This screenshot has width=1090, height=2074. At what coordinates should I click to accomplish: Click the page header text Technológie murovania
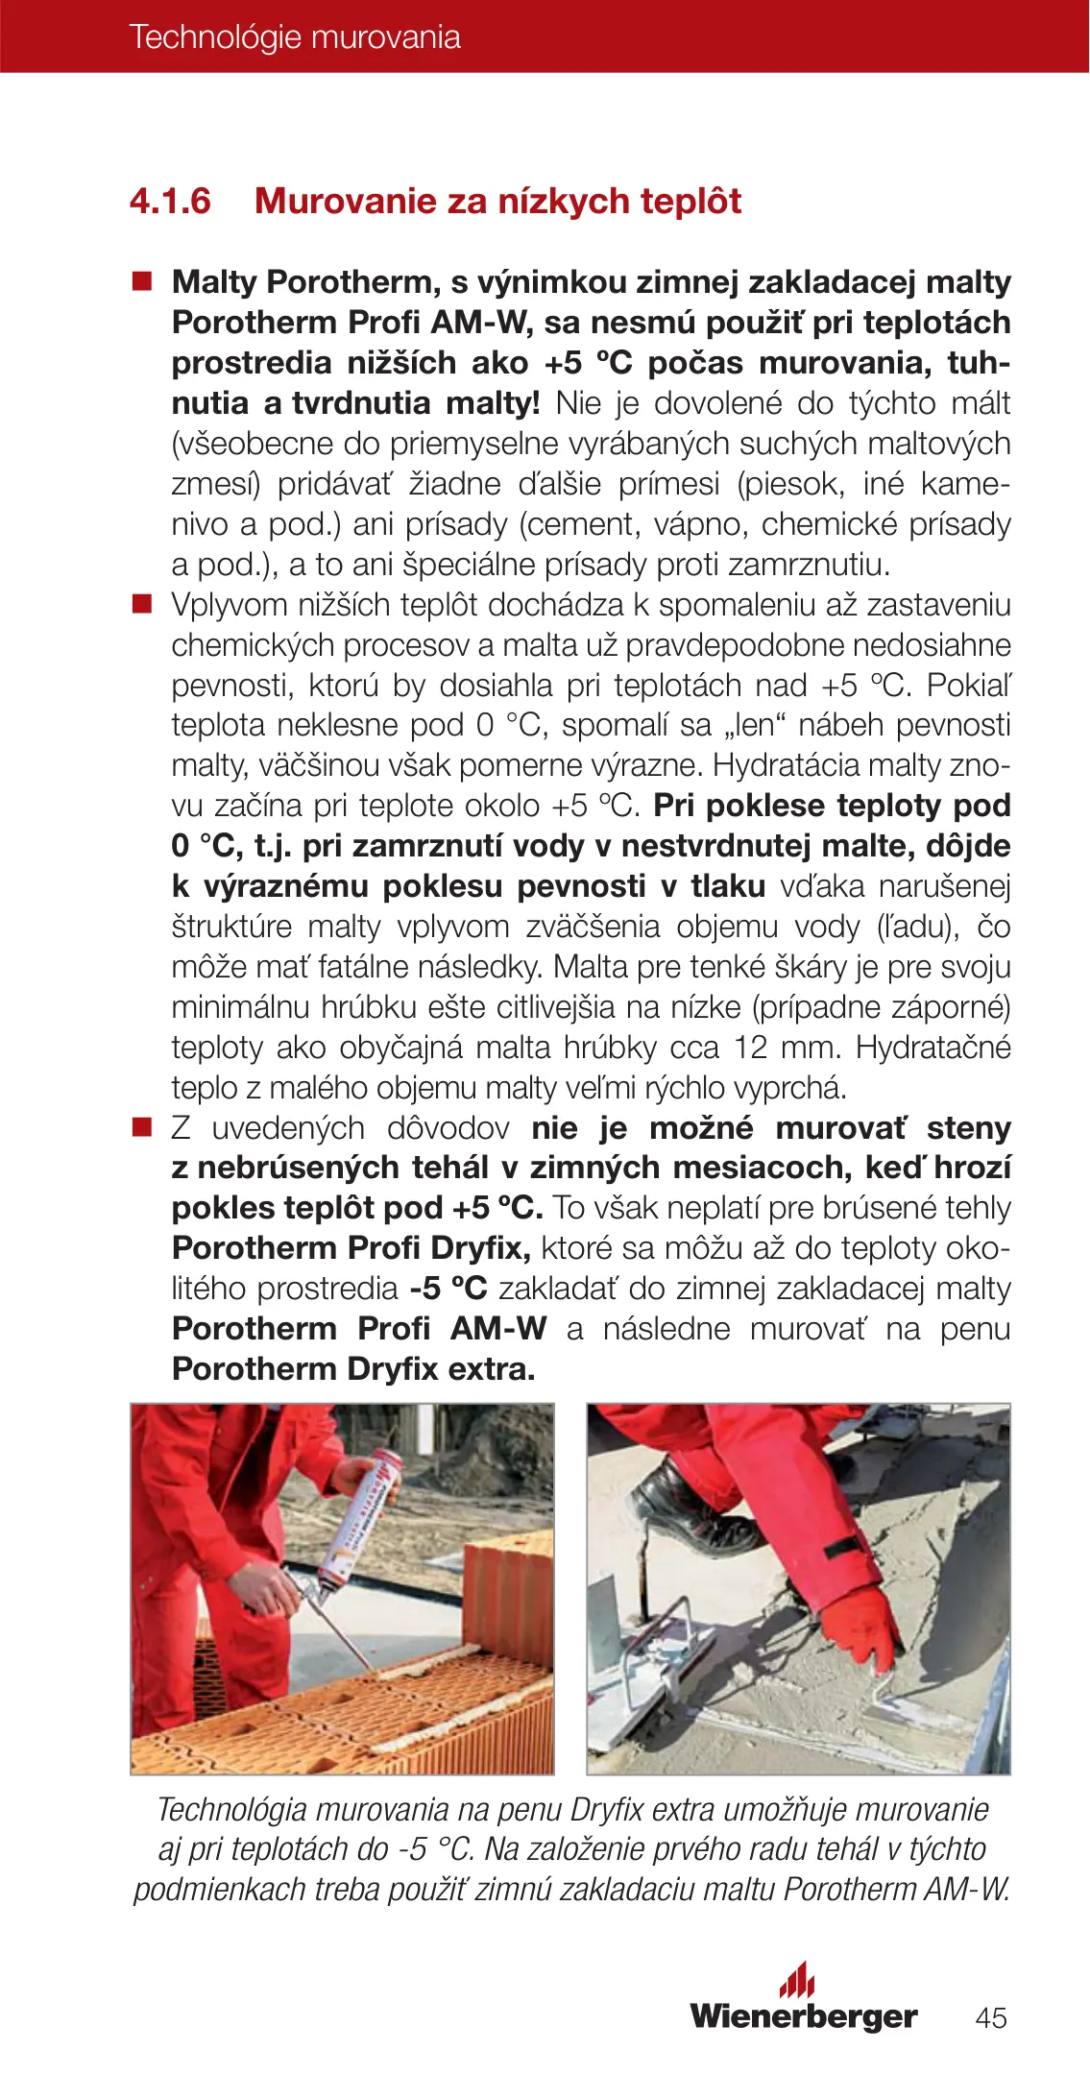[295, 37]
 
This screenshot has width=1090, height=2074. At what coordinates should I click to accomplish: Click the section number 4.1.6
[170, 202]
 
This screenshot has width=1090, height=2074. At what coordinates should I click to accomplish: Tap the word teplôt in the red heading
[691, 202]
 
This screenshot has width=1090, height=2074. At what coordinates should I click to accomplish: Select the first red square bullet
[143, 281]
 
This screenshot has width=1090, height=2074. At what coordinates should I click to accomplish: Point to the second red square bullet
[143, 604]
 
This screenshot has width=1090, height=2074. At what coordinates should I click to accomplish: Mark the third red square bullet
[143, 1127]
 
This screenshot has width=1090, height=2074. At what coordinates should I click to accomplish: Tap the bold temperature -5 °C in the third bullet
[448, 1288]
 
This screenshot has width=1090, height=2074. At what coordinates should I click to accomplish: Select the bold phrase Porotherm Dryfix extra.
[353, 1368]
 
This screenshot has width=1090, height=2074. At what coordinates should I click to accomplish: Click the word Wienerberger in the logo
[804, 2016]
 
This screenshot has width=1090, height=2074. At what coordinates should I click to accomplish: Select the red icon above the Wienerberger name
[797, 1979]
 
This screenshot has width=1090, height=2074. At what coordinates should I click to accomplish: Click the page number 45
[991, 2018]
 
